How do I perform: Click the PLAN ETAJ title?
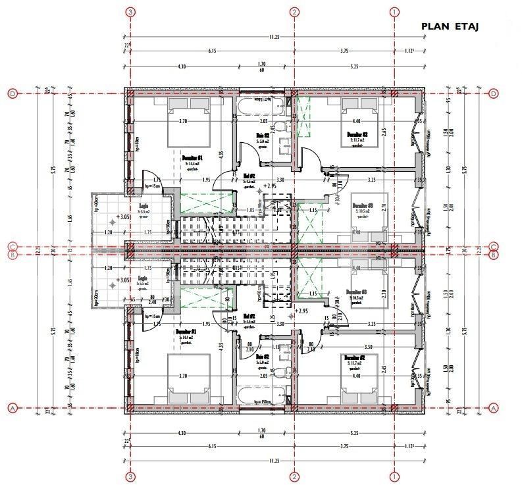(450, 27)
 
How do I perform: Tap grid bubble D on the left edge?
(12, 94)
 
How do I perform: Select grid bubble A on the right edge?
(494, 408)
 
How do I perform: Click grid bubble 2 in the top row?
(294, 12)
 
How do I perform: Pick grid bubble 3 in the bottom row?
(131, 476)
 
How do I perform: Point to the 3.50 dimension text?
(386, 346)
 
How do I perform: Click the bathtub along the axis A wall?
(261, 397)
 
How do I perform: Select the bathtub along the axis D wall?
(261, 105)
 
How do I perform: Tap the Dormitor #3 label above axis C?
(363, 206)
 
